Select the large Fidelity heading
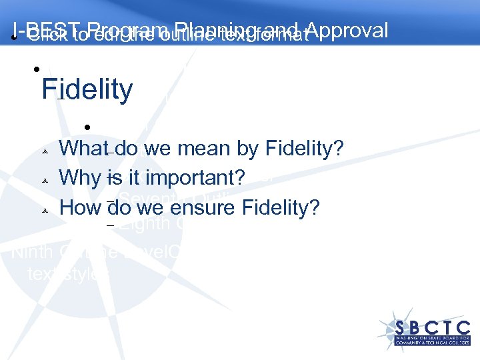87,89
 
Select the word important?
198,178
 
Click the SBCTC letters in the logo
433,327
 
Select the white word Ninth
33,253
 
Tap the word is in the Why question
113,178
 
